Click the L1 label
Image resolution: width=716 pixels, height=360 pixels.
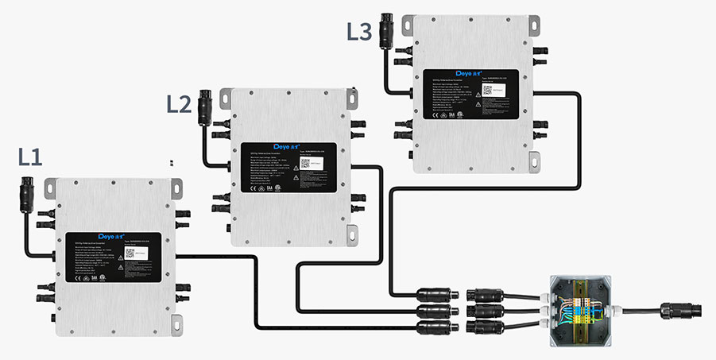click(29, 157)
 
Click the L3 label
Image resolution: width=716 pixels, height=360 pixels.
click(359, 33)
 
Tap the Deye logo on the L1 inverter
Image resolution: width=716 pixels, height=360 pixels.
click(106, 236)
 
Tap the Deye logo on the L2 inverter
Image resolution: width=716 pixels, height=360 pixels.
click(284, 146)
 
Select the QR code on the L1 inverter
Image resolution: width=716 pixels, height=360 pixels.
click(130, 254)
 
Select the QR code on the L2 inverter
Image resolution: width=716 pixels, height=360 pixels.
click(306, 164)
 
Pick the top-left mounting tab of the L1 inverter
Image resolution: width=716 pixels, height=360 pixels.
click(50, 187)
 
